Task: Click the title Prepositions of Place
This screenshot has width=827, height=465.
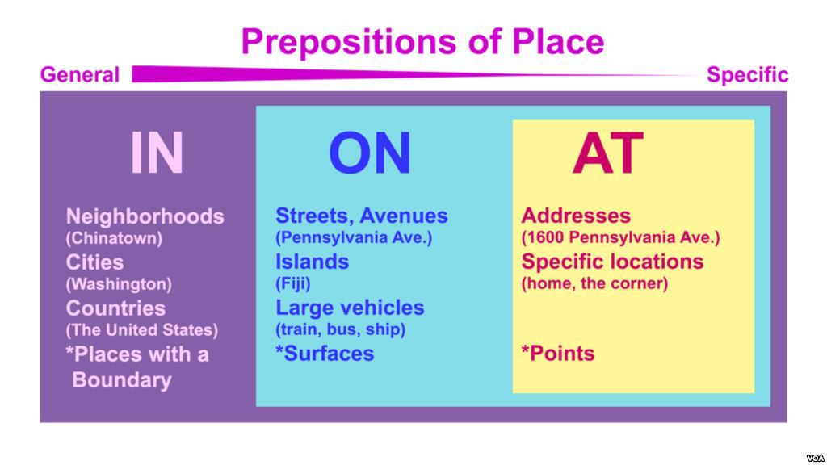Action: point(422,42)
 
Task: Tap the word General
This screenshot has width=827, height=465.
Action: point(80,74)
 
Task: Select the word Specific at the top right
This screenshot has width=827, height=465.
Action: point(747,75)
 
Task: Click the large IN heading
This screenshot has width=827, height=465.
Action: point(157,153)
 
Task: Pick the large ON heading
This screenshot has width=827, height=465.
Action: point(370,153)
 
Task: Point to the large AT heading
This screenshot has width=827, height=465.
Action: point(608,153)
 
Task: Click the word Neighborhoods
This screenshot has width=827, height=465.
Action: point(145,216)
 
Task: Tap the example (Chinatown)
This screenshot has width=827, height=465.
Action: point(114,238)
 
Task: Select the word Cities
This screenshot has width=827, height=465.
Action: point(95,262)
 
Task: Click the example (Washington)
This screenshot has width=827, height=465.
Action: point(119,284)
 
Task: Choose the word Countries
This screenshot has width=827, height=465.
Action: point(115,308)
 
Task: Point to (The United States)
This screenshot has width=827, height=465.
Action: point(141,330)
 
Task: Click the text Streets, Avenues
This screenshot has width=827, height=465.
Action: point(362,216)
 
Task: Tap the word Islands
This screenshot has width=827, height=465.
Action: point(313,262)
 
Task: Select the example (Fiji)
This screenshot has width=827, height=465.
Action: point(292,283)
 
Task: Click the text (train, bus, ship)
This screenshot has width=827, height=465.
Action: point(340,329)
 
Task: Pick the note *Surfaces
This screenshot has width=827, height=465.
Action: point(325,354)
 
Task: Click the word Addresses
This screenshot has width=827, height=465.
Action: point(576,216)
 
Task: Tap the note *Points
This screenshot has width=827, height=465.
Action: point(558,354)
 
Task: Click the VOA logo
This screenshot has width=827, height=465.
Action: point(816,459)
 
